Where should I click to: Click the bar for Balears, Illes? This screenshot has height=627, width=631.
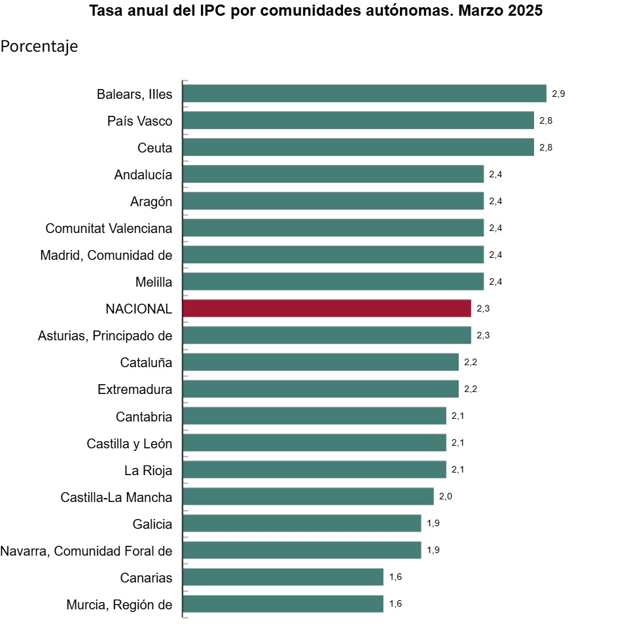click(364, 94)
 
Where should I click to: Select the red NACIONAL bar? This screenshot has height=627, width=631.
click(327, 308)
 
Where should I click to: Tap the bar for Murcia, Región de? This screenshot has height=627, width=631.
click(283, 603)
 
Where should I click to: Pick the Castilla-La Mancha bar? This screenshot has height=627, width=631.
click(308, 496)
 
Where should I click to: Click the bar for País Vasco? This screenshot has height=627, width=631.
click(358, 120)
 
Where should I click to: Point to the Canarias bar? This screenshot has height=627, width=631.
click(283, 577)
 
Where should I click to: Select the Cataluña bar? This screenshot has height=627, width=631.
click(320, 362)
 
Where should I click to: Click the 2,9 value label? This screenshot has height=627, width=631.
click(558, 94)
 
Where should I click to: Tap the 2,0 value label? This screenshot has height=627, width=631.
click(445, 496)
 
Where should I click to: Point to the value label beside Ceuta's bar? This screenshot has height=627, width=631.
click(546, 147)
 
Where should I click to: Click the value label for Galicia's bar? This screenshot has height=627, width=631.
click(433, 523)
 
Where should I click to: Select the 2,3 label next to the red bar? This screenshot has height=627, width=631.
click(483, 308)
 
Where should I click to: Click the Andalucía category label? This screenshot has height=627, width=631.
click(143, 175)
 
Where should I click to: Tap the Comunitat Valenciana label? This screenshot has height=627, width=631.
click(109, 228)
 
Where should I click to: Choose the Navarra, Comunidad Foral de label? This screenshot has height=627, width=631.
click(86, 551)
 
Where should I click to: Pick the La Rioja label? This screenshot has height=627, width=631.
click(148, 470)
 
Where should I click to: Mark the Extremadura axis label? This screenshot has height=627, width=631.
click(135, 389)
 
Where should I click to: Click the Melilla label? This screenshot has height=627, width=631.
click(153, 282)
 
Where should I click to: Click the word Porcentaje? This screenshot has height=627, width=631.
click(39, 46)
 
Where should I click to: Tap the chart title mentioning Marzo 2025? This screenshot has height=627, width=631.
click(315, 11)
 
